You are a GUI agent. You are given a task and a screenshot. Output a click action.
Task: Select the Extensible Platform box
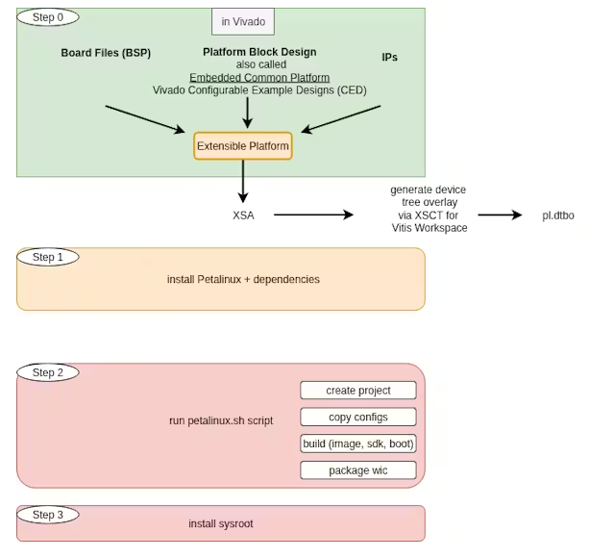tap(242, 146)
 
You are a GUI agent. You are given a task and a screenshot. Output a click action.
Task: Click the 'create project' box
tap(357, 390)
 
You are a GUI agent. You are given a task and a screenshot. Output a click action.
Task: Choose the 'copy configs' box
tap(357, 417)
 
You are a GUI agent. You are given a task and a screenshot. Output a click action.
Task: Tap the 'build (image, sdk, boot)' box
tap(357, 444)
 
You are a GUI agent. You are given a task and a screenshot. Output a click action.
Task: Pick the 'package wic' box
tap(357, 470)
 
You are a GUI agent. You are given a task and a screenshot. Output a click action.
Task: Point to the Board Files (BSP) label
tap(106, 52)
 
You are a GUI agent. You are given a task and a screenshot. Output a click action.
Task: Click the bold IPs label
tap(390, 58)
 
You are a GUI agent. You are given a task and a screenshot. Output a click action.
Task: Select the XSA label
tap(243, 216)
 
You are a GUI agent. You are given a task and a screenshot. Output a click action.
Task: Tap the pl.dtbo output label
tap(557, 216)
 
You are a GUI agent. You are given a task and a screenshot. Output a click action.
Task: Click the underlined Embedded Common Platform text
tap(259, 77)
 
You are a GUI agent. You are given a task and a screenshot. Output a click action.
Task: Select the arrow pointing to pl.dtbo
tap(500, 216)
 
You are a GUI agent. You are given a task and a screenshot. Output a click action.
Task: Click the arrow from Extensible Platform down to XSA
tap(243, 180)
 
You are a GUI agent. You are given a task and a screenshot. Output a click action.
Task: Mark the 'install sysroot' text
tap(221, 523)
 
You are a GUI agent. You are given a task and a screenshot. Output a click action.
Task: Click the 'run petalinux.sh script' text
tap(221, 420)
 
